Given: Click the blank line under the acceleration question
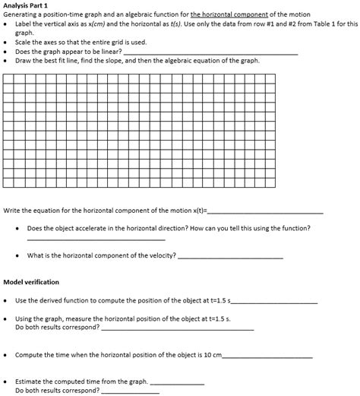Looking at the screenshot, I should pos(95,240).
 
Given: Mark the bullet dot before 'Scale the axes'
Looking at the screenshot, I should pos(7,42).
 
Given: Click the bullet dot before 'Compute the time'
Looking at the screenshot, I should pos(7,355).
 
